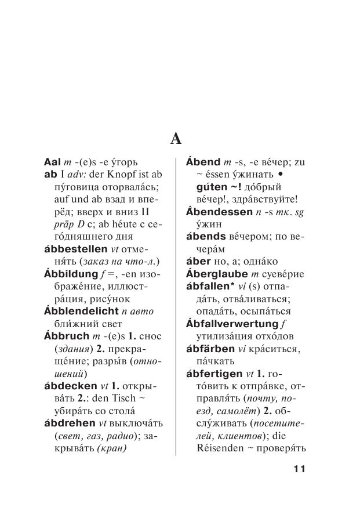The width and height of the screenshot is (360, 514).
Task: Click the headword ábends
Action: click(205, 237)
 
